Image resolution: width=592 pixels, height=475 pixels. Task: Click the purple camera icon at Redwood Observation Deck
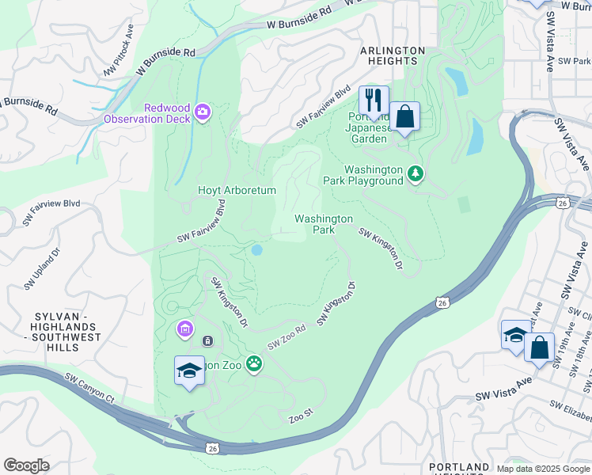coord(202,112)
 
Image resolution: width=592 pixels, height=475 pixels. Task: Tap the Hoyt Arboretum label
coord(236,191)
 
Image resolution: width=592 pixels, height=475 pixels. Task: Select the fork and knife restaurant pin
coord(374,101)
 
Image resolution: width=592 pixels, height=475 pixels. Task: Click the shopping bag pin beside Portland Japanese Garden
coord(404,117)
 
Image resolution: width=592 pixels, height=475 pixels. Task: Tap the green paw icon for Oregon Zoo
coord(254,364)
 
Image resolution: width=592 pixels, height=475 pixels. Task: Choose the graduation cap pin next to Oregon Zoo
coord(190,371)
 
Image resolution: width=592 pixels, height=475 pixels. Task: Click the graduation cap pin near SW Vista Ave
coord(515,333)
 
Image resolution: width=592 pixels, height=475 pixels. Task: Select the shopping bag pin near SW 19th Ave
coord(539,348)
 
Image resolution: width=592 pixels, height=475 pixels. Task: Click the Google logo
coord(27,465)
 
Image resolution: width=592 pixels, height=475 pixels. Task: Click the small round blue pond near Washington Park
coord(256,250)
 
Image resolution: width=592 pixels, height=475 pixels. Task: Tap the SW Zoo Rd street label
coord(287,337)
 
